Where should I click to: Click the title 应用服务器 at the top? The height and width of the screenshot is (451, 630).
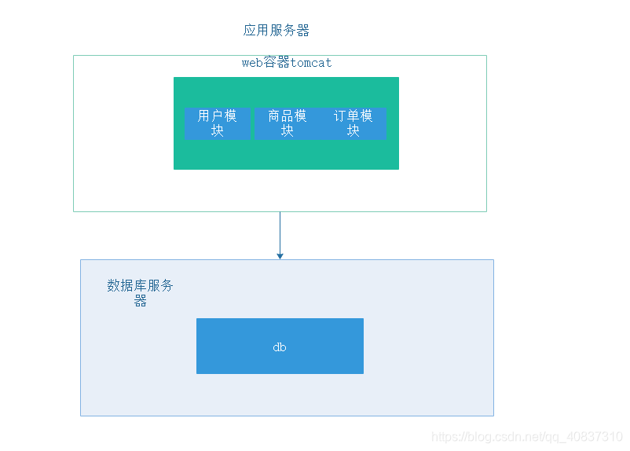pyautogui.click(x=277, y=31)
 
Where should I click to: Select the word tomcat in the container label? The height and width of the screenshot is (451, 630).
pyautogui.click(x=311, y=63)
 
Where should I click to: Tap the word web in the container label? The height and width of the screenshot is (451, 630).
pyautogui.click(x=251, y=63)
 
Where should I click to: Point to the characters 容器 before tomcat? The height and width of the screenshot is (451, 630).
pyautogui.click(x=277, y=63)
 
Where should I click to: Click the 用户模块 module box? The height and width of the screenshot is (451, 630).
pyautogui.click(x=218, y=123)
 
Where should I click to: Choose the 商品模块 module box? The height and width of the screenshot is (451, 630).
pyautogui.click(x=287, y=123)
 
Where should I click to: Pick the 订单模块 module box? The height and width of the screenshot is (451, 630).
pyautogui.click(x=353, y=123)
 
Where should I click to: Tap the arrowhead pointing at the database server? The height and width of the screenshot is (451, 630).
pyautogui.click(x=280, y=255)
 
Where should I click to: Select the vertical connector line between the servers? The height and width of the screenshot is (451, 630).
pyautogui.click(x=280, y=231)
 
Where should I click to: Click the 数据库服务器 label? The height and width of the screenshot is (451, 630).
pyautogui.click(x=140, y=286)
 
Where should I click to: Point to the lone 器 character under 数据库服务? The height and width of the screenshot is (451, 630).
pyautogui.click(x=140, y=301)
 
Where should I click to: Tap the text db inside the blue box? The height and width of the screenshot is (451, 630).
pyautogui.click(x=280, y=346)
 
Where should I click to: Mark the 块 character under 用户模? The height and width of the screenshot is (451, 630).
pyautogui.click(x=218, y=131)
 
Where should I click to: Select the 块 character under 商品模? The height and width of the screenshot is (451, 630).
pyautogui.click(x=287, y=131)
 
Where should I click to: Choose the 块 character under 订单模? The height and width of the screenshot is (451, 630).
pyautogui.click(x=353, y=131)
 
